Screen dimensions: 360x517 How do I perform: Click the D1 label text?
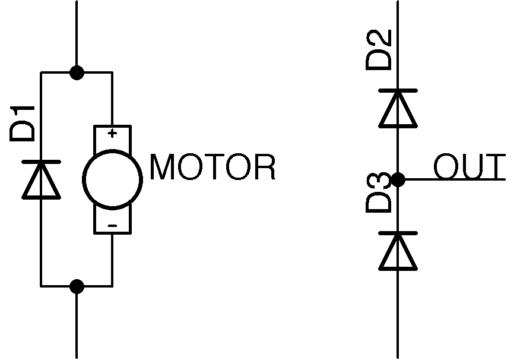(23, 124)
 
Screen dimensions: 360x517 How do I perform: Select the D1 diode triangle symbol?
(41, 180)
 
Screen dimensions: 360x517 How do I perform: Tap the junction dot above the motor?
(77, 72)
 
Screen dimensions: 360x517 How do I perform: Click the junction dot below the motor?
(77, 286)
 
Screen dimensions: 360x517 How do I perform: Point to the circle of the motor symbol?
(112, 178)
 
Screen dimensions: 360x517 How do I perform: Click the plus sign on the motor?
(112, 133)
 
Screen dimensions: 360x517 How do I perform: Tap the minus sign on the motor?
(112, 225)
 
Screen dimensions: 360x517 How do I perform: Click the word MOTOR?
(213, 168)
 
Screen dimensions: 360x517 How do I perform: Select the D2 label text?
(379, 50)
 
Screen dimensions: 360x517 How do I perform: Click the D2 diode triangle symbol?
(398, 109)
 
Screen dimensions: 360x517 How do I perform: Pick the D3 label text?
(379, 192)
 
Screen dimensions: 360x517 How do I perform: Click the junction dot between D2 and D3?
(398, 179)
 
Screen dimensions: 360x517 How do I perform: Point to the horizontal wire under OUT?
(457, 179)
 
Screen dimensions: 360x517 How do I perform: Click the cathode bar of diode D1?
(41, 162)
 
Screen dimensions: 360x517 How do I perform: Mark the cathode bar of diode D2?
(398, 91)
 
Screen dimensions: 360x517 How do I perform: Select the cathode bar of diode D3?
(398, 233)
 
